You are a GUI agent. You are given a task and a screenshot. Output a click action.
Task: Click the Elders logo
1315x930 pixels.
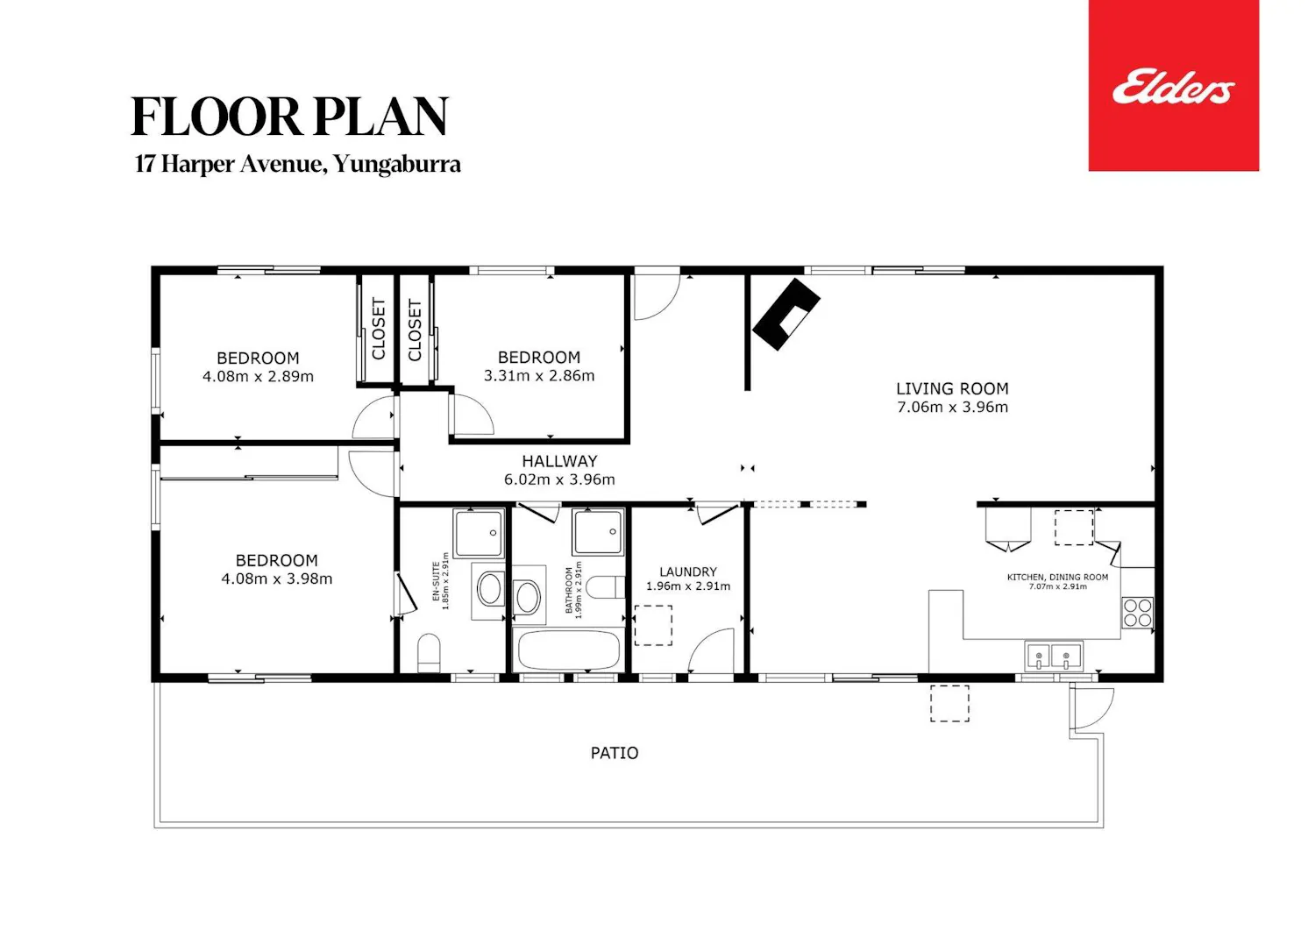click(1173, 86)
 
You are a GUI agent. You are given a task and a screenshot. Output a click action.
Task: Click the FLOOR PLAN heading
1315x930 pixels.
click(290, 117)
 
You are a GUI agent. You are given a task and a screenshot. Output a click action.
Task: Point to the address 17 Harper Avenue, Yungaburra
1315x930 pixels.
click(298, 164)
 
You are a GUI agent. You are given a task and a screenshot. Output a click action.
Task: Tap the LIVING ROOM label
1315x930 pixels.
click(952, 388)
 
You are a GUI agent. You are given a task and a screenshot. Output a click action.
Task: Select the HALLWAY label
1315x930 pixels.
click(559, 461)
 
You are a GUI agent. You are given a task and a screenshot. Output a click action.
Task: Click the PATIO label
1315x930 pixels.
click(614, 753)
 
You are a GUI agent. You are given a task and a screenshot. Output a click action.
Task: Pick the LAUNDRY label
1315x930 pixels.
click(688, 571)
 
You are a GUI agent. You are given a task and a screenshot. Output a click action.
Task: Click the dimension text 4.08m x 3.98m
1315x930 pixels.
click(276, 579)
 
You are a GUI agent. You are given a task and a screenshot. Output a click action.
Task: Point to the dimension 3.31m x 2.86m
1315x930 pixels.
click(539, 376)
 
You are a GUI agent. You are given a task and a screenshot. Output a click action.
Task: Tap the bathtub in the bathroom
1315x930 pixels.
click(568, 650)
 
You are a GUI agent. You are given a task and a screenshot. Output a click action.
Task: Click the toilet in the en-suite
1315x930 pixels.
click(429, 653)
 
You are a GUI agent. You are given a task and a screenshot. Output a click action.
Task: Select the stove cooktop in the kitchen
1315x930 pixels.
click(1138, 613)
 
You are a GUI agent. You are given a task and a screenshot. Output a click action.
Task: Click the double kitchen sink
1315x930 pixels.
click(1054, 657)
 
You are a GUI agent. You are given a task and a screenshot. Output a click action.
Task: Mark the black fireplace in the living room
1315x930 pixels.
click(786, 314)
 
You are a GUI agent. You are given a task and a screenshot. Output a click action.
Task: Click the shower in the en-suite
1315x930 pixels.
click(479, 533)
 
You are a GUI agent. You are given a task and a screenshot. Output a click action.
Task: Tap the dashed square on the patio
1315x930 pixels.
click(949, 703)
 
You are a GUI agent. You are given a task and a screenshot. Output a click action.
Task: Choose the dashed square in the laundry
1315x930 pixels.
click(653, 625)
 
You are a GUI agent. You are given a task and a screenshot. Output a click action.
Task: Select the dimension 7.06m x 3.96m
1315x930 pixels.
click(952, 407)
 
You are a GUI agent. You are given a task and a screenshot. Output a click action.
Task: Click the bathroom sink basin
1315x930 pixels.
click(528, 597)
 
